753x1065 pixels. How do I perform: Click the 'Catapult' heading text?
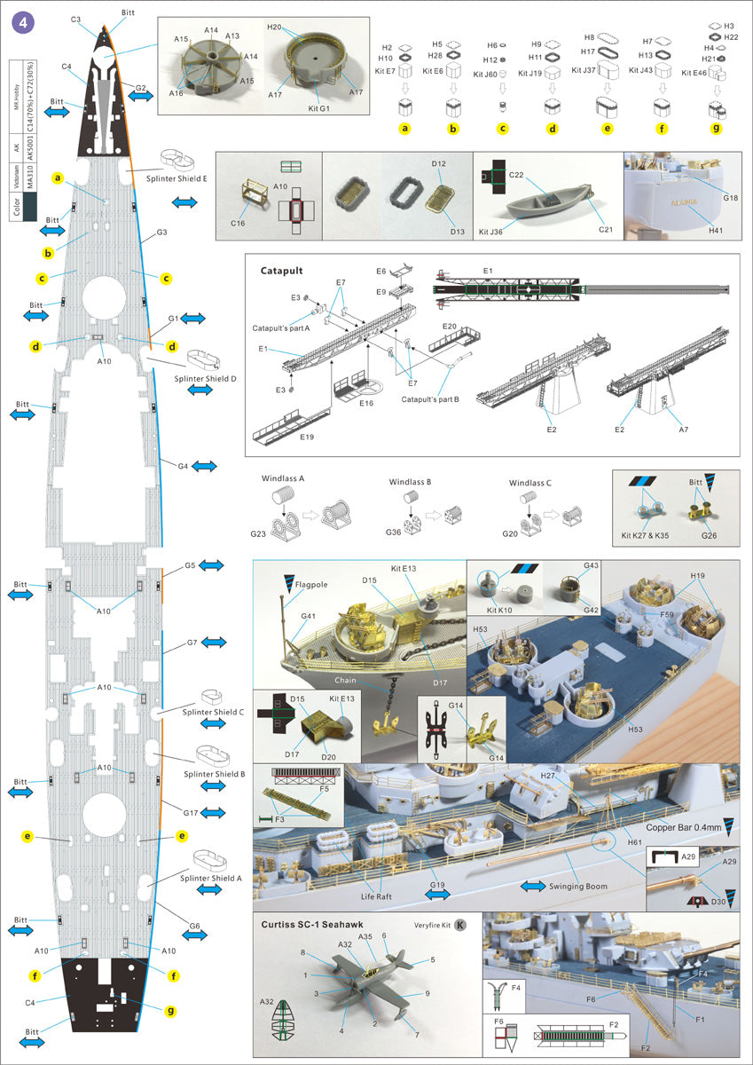pos(282,270)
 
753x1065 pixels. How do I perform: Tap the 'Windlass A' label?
pos(283,478)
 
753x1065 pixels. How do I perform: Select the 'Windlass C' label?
pos(529,483)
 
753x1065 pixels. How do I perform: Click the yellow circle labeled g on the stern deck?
pos(171,1010)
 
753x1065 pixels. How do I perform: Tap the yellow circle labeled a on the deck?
pos(58,178)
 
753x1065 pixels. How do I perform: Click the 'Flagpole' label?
pos(317,583)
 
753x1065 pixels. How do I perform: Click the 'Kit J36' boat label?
pos(490,232)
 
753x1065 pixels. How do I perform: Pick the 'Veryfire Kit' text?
pos(432,924)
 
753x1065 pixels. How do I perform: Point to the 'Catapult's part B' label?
pos(430,399)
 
